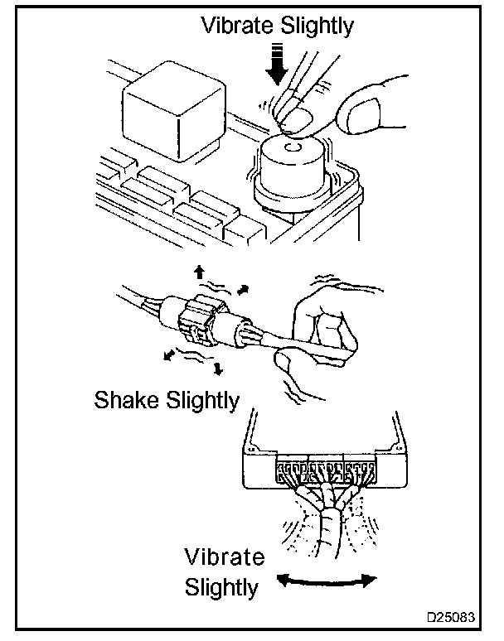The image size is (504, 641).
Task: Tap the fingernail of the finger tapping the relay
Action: coord(292,122)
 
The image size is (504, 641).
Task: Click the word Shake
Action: coord(128,401)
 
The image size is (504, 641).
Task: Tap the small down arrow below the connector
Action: coord(218,368)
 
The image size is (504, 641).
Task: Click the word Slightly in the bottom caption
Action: coord(221,587)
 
